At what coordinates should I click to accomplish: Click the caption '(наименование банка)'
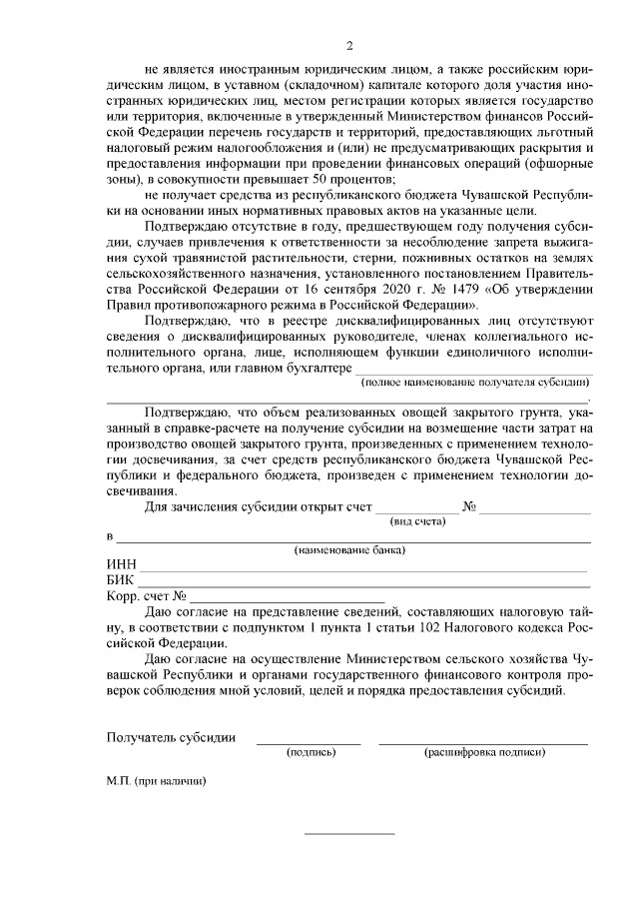pyautogui.click(x=348, y=550)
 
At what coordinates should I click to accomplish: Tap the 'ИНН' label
pyautogui.click(x=122, y=565)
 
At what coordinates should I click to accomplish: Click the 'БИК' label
pyautogui.click(x=121, y=580)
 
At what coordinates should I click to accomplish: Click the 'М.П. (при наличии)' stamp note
pyautogui.click(x=157, y=781)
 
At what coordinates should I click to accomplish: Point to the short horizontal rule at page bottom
pyautogui.click(x=349, y=833)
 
